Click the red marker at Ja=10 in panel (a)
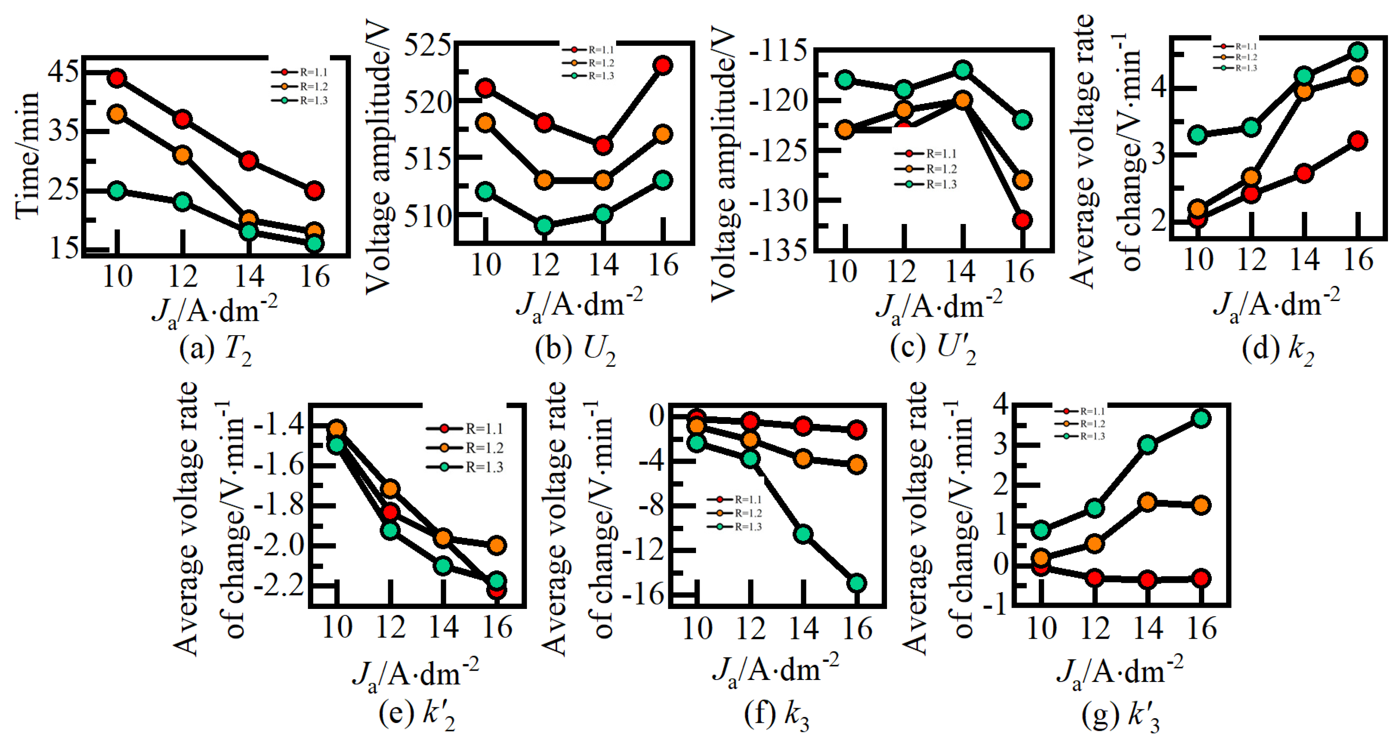click(x=117, y=78)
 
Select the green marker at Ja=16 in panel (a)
click(x=314, y=244)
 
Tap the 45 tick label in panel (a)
click(x=63, y=71)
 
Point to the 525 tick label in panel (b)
click(x=427, y=45)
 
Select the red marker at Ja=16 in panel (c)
click(x=1022, y=220)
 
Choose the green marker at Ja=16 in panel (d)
click(x=1357, y=52)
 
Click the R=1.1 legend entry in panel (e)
click(x=465, y=428)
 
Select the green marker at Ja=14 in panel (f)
click(x=803, y=534)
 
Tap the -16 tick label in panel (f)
click(x=643, y=595)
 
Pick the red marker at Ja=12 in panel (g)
click(x=1094, y=578)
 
